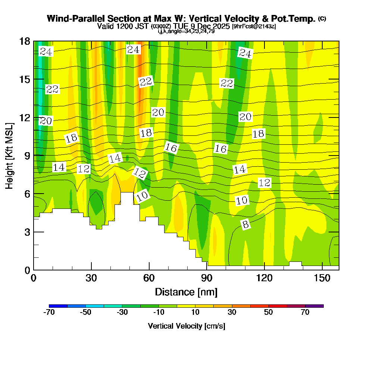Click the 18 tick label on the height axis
[x=24, y=41]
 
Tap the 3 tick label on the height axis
[x=27, y=232]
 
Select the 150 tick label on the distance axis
[x=322, y=278]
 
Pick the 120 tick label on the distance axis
[x=264, y=278]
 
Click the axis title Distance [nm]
[x=186, y=292]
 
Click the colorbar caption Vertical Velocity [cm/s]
[x=186, y=326]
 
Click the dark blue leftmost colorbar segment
[x=58, y=306]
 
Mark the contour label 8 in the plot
[x=245, y=225]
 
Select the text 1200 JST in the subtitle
[x=132, y=26]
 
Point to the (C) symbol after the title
[x=322, y=19]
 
